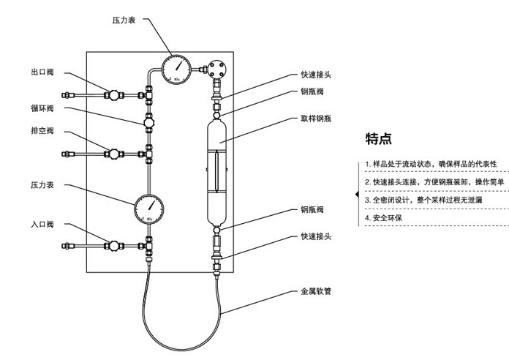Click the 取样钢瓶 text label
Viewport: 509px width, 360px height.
[x=316, y=117]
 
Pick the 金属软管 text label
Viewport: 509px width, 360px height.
[x=316, y=291]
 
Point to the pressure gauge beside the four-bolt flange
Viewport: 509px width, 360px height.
[x=177, y=70]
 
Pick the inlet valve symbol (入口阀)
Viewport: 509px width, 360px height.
[x=114, y=245]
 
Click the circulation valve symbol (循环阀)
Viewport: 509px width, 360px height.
[x=148, y=121]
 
